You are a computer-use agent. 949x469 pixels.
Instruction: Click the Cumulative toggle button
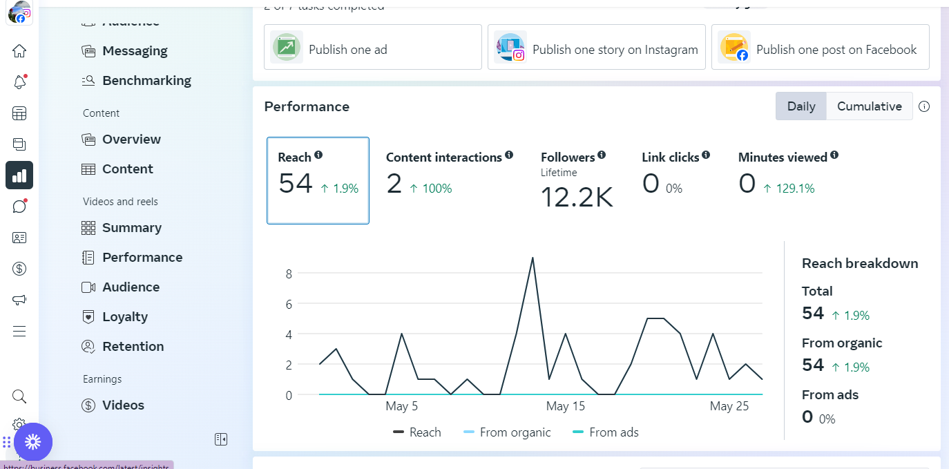click(869, 106)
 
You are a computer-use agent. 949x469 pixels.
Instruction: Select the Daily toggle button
click(801, 106)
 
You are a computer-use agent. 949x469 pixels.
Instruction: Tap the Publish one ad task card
click(372, 47)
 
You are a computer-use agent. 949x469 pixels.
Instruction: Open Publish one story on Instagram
click(596, 47)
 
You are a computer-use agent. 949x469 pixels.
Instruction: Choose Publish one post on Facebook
click(820, 47)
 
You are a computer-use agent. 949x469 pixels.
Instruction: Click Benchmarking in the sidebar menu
click(146, 81)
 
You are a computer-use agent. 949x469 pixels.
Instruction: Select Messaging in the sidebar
click(135, 51)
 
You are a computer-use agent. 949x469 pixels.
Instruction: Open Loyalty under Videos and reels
click(125, 317)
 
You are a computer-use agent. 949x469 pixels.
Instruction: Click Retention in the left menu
click(133, 347)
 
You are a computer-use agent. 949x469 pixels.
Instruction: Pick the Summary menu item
click(131, 228)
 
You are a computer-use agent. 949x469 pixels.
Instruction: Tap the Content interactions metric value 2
click(394, 184)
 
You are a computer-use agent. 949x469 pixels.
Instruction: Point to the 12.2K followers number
click(576, 197)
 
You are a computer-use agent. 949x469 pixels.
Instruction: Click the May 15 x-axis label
click(565, 406)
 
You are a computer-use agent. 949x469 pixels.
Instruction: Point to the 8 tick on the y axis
click(289, 274)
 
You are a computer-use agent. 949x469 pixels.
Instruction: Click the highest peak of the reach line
click(532, 258)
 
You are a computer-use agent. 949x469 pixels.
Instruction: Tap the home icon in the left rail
click(19, 51)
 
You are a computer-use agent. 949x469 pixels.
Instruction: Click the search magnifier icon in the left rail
click(19, 396)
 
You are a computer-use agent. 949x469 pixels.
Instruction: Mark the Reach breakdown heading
click(860, 263)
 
